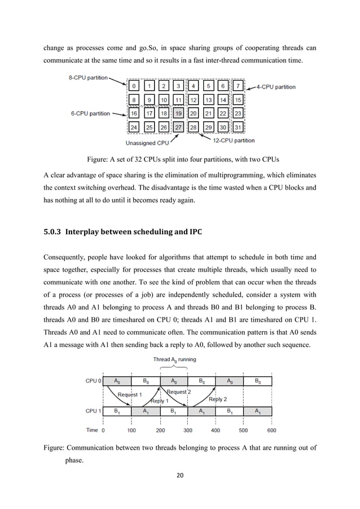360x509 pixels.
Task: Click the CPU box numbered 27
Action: click(x=178, y=127)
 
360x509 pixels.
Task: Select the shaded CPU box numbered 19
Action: click(x=178, y=113)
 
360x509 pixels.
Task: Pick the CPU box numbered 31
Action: click(x=238, y=127)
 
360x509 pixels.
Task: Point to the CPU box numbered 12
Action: click(x=193, y=100)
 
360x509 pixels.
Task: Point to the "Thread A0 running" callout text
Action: click(x=174, y=359)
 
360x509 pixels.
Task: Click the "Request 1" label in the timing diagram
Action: click(x=129, y=394)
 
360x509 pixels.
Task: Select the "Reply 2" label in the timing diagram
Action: click(x=218, y=398)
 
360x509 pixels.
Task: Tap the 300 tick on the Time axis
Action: click(x=188, y=430)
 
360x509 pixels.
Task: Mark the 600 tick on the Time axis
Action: click(x=271, y=430)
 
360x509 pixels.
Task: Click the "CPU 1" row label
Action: click(x=93, y=411)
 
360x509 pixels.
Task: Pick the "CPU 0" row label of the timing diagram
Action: click(x=93, y=381)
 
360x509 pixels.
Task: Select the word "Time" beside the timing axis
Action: click(x=91, y=430)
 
